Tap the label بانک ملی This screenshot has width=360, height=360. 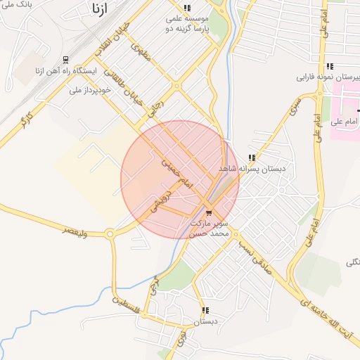click(15, 6)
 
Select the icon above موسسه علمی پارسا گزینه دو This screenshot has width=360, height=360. click(186, 8)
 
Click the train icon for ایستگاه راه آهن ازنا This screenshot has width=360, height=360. click(65, 60)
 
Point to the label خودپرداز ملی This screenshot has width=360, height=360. click(86, 90)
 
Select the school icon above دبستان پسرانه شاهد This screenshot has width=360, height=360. click(251, 157)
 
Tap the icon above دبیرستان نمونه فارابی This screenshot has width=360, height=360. click(329, 66)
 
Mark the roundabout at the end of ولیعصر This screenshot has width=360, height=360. click(110, 234)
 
